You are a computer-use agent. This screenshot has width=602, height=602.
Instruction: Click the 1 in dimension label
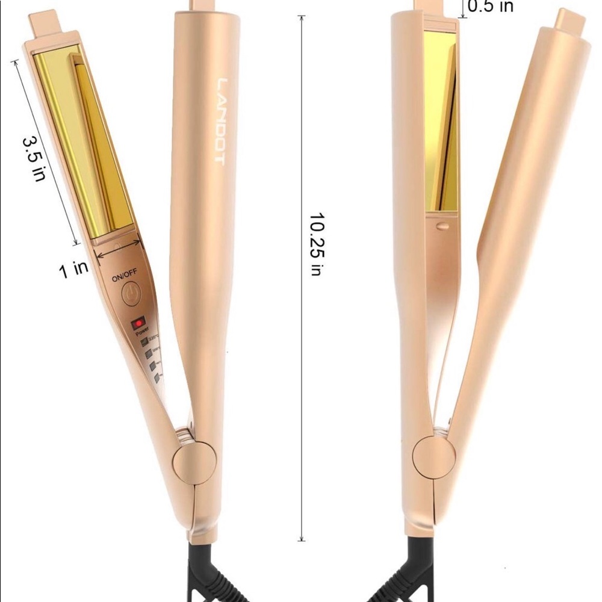pos(73,268)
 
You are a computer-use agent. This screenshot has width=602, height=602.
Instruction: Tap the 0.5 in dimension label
pos(491,6)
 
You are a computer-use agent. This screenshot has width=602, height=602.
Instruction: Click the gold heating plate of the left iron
pos(84,138)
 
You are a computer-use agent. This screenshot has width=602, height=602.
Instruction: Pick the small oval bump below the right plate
pos(442,226)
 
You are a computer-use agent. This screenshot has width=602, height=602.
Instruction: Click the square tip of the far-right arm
pos(569,21)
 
